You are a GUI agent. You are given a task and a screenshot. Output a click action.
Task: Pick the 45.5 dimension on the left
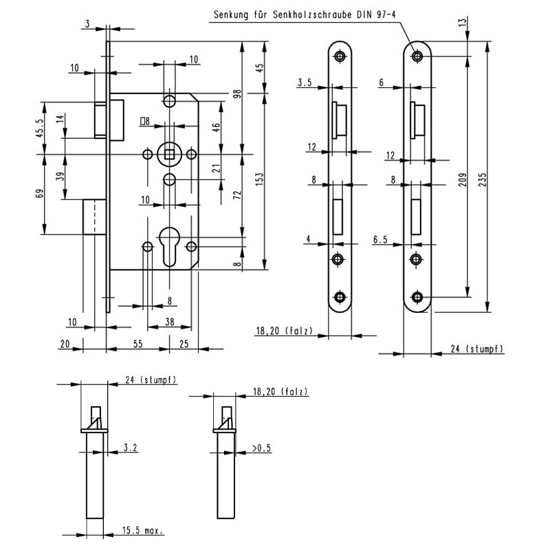click(x=40, y=128)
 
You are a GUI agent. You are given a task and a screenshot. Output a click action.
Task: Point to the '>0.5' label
click(x=261, y=448)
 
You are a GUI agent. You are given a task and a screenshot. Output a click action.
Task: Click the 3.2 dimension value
click(x=131, y=448)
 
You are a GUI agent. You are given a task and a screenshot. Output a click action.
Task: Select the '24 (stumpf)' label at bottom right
click(x=477, y=349)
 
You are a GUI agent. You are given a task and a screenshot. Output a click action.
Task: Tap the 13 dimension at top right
click(x=462, y=21)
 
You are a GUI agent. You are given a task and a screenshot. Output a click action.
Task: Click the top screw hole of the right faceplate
click(x=417, y=56)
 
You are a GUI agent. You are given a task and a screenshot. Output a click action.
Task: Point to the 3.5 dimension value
click(x=305, y=83)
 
